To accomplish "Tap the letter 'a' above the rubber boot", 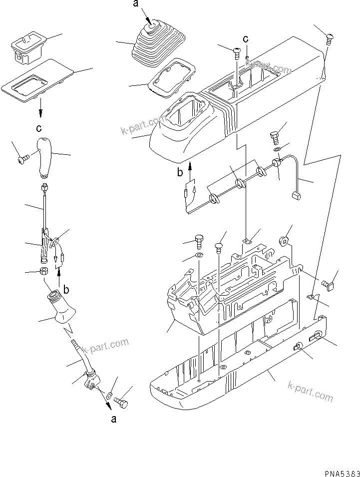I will pos(136,4).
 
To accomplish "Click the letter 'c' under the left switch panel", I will pos(39,128).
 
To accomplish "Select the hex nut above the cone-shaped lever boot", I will pos(43,272).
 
